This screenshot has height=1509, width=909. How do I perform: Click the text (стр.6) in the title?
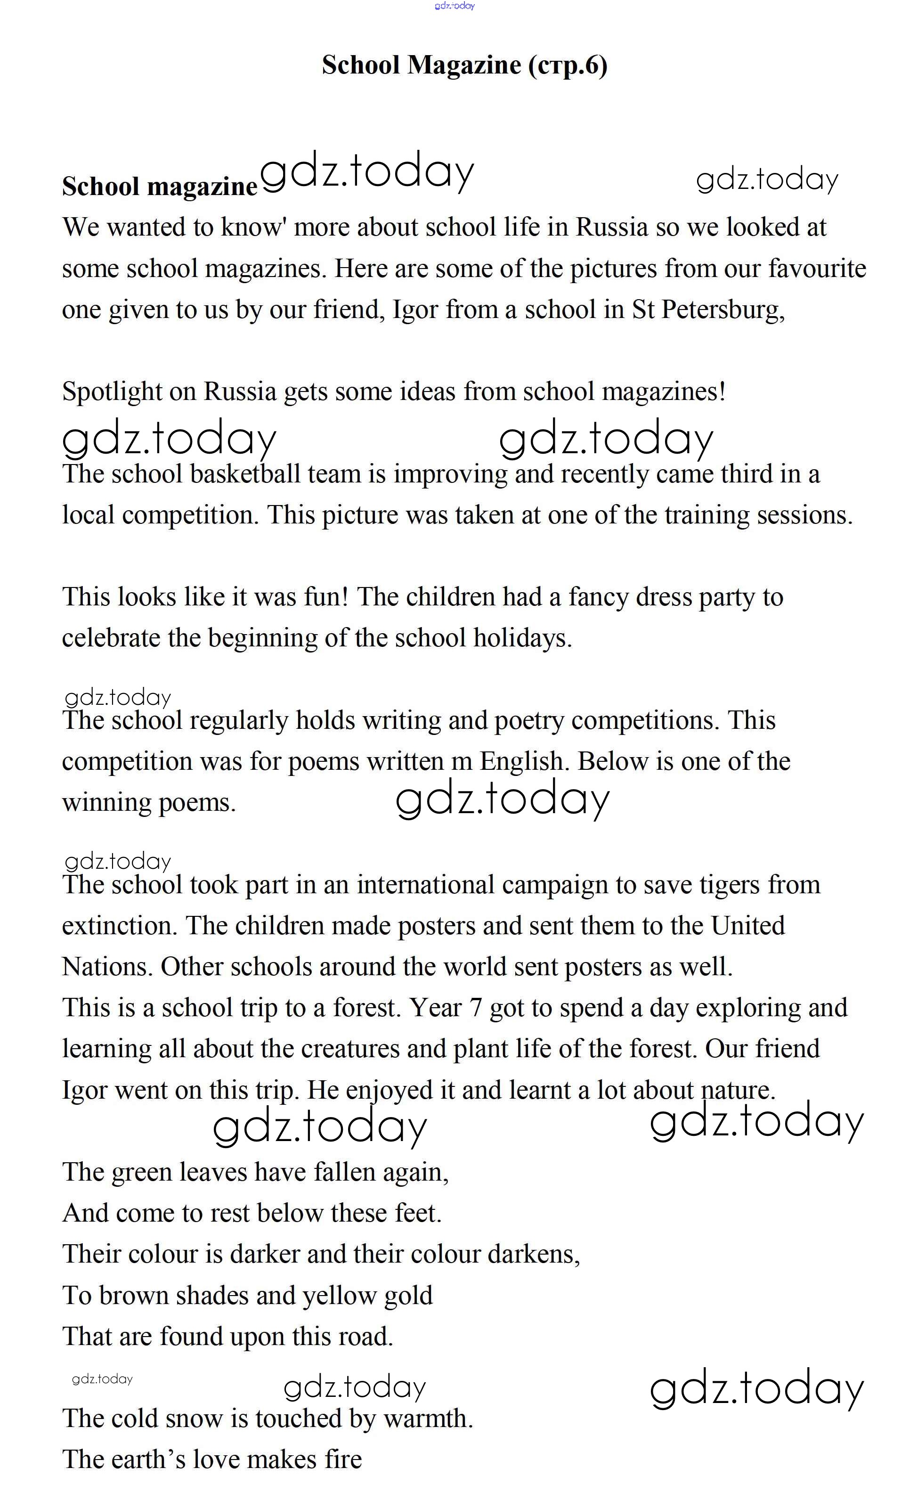(x=568, y=65)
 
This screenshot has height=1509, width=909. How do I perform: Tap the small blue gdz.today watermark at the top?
(x=454, y=6)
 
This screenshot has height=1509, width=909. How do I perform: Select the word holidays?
(x=522, y=639)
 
